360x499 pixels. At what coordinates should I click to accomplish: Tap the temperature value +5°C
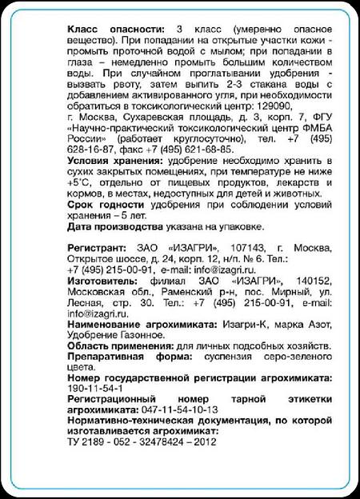[81, 182]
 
